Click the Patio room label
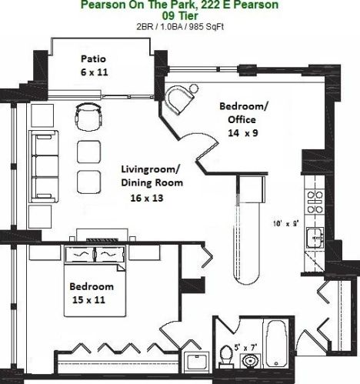pyautogui.click(x=93, y=58)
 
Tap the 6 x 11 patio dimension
pyautogui.click(x=95, y=72)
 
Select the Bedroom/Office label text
pyautogui.click(x=243, y=113)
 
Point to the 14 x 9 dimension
pyautogui.click(x=243, y=133)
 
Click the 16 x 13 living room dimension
pyautogui.click(x=147, y=198)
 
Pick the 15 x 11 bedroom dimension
pyautogui.click(x=88, y=299)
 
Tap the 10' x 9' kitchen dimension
pyautogui.click(x=286, y=224)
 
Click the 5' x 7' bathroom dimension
pyautogui.click(x=245, y=348)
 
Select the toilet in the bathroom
pyautogui.click(x=226, y=356)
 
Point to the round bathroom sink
pyautogui.click(x=250, y=361)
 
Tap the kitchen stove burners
pyautogui.click(x=315, y=202)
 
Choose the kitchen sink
pyautogui.click(x=315, y=238)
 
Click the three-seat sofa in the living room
pyautogui.click(x=44, y=166)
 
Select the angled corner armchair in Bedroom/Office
pyautogui.click(x=178, y=99)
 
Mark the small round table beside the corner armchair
pyautogui.click(x=194, y=88)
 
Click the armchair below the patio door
pyautogui.click(x=88, y=116)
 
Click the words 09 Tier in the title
pyautogui.click(x=180, y=16)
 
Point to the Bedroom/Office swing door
pyautogui.click(x=207, y=148)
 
